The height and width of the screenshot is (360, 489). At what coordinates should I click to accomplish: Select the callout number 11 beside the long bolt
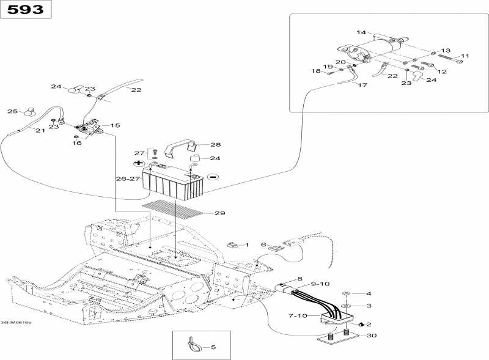(465, 56)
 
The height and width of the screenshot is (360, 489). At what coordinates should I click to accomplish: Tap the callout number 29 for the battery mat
(220, 213)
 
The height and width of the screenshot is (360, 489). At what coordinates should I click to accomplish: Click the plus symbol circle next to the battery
(139, 164)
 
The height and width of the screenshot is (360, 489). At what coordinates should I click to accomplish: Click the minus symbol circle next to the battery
(213, 177)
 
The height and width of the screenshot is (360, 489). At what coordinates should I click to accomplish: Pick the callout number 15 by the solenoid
(115, 125)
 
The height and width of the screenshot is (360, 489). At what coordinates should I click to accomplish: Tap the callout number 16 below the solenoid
(77, 143)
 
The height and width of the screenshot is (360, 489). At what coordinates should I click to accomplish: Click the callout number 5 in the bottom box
(213, 348)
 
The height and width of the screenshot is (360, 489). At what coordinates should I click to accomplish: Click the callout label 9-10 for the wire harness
(320, 284)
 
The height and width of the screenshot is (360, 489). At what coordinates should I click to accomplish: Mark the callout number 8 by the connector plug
(300, 279)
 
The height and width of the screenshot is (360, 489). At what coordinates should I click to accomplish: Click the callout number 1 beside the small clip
(247, 245)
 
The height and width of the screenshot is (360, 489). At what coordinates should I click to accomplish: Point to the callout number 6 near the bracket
(264, 244)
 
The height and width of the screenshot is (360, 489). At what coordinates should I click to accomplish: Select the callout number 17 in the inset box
(362, 85)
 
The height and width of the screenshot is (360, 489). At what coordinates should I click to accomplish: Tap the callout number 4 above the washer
(369, 294)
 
